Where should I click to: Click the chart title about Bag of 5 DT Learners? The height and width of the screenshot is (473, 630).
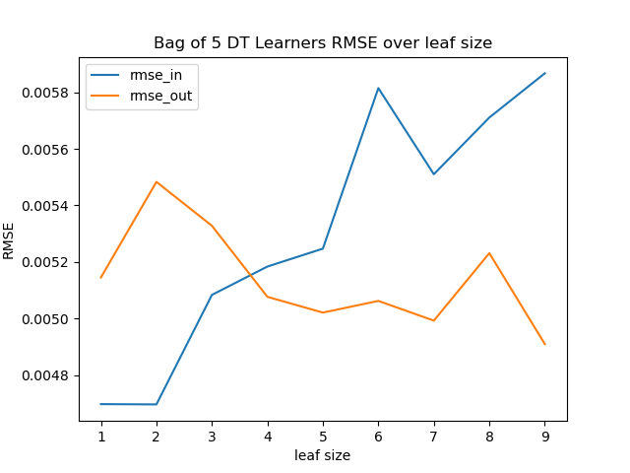(323, 43)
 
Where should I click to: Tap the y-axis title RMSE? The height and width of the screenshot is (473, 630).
(9, 239)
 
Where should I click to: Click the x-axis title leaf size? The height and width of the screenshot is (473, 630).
(323, 455)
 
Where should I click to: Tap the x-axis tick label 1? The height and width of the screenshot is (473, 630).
(101, 437)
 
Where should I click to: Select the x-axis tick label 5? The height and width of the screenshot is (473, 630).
(323, 437)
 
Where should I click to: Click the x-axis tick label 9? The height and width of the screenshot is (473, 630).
(544, 437)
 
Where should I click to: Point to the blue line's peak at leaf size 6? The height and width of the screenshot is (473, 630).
(378, 88)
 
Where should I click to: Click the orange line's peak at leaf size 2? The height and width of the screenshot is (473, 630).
(157, 181)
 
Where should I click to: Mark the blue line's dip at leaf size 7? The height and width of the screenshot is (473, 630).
(434, 174)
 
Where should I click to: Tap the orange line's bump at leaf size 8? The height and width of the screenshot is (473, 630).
(489, 253)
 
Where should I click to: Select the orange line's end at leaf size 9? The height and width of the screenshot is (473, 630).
(544, 345)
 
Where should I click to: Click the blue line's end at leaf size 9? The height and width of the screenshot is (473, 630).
(544, 73)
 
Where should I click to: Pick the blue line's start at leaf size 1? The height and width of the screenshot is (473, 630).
(101, 404)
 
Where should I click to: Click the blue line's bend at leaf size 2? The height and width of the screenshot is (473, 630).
(157, 404)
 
